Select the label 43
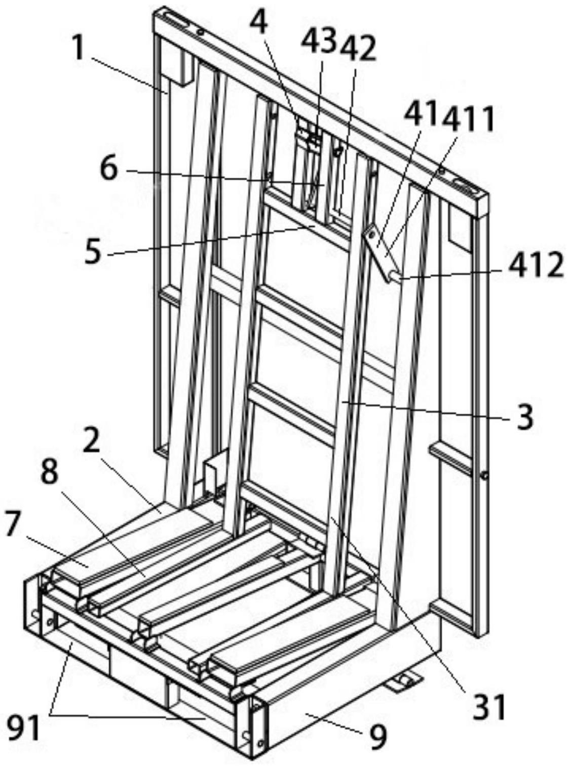pyautogui.click(x=318, y=40)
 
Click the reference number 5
pyautogui.click(x=93, y=252)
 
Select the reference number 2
pyautogui.click(x=91, y=441)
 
